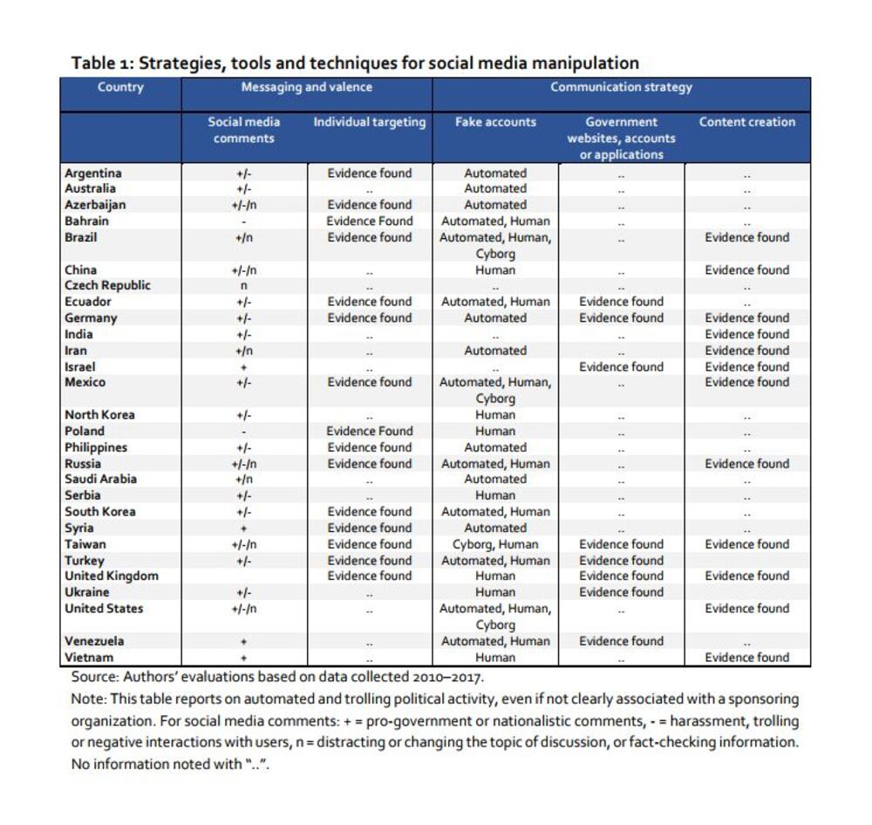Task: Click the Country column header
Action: (120, 87)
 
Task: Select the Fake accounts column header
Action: (495, 122)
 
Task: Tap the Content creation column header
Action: (747, 122)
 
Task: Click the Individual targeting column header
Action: (370, 122)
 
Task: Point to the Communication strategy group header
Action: (621, 87)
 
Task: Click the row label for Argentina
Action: (93, 173)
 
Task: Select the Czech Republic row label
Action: (107, 285)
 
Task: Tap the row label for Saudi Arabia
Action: (100, 479)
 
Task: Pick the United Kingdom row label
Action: (112, 576)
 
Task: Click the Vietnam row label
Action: (89, 658)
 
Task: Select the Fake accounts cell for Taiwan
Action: (495, 544)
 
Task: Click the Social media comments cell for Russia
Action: (244, 464)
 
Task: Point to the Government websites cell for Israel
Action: (622, 367)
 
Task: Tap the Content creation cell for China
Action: (747, 270)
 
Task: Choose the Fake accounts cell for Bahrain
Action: (495, 222)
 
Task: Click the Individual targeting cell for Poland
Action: (370, 431)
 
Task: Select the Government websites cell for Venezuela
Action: (622, 641)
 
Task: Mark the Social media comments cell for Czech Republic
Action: (244, 286)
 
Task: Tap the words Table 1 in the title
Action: (101, 64)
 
